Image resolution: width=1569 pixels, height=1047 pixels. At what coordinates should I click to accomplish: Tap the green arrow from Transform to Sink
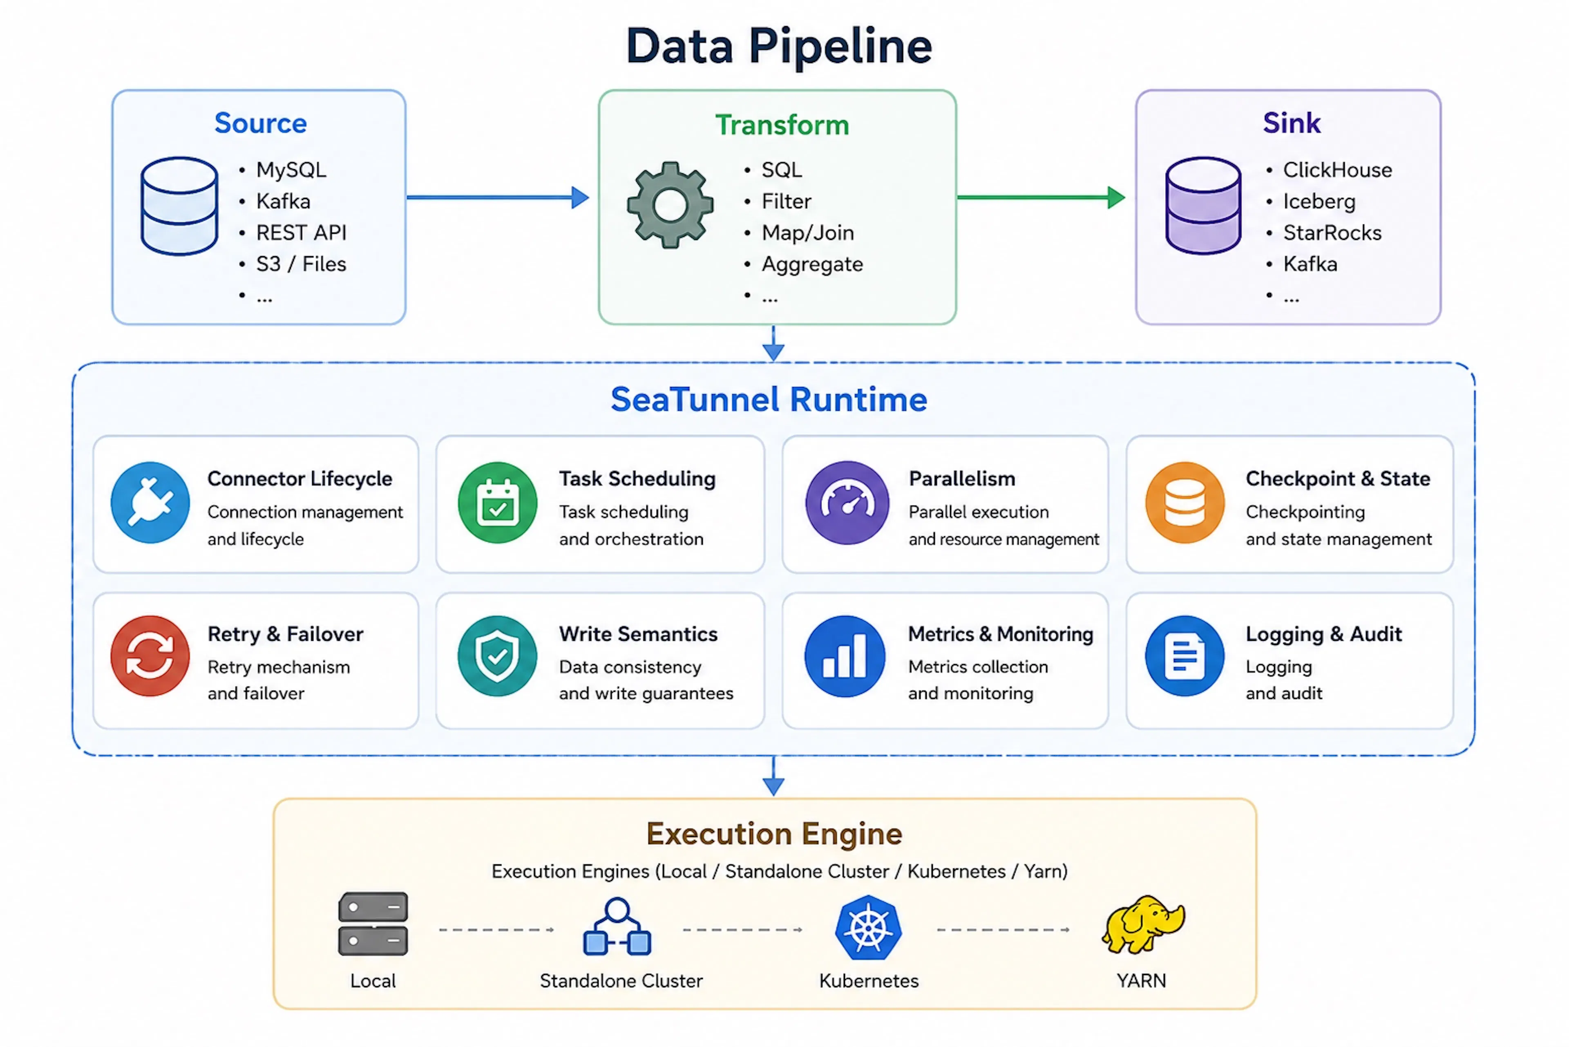point(1041,197)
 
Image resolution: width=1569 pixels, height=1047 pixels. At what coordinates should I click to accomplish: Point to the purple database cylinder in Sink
point(1203,206)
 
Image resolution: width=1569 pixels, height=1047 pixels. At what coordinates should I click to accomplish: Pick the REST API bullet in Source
point(301,233)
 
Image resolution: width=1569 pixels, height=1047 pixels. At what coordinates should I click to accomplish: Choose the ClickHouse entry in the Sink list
point(1337,170)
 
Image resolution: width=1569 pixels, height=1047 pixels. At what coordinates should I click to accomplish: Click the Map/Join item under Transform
point(808,233)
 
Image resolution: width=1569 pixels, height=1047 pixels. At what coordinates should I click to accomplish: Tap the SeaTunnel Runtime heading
point(769,399)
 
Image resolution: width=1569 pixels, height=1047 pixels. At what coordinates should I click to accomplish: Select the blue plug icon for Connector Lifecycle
point(150,502)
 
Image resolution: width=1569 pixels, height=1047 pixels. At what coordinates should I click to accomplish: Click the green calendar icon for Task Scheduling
point(497,502)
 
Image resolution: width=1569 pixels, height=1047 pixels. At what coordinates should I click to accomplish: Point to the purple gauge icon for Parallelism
point(847,502)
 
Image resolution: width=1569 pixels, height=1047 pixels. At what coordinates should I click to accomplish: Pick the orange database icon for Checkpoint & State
point(1185,502)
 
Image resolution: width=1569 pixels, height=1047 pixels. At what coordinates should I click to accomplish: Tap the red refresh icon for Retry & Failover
point(150,656)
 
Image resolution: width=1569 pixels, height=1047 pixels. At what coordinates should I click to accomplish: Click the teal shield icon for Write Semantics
point(497,656)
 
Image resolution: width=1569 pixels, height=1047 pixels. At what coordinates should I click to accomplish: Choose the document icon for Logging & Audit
point(1185,656)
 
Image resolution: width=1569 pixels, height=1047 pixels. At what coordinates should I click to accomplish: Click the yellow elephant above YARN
point(1143,925)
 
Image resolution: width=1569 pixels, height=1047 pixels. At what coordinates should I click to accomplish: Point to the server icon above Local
point(373,924)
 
